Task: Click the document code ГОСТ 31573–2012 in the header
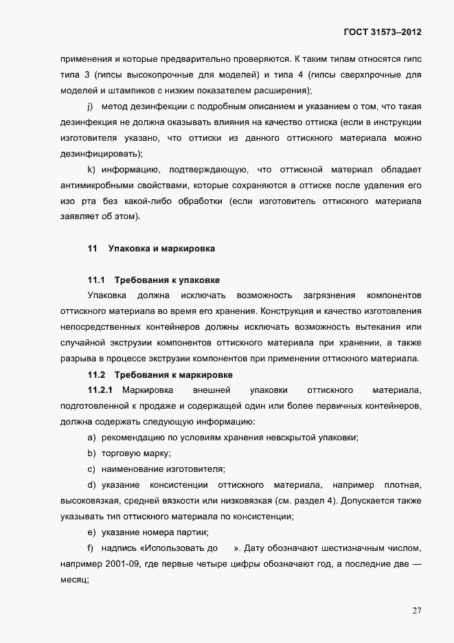(381, 32)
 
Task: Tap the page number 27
(416, 611)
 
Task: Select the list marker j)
(90, 106)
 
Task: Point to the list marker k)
(90, 170)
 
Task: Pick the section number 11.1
(95, 280)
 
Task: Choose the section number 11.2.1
(100, 390)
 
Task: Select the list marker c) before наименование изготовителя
(90, 469)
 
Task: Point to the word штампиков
(126, 91)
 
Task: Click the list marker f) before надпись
(90, 548)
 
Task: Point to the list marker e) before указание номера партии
(90, 532)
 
